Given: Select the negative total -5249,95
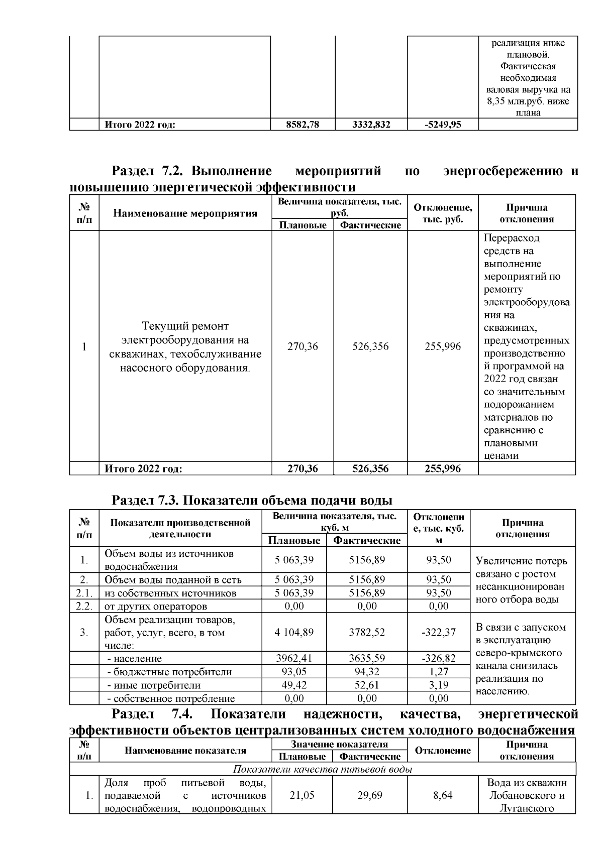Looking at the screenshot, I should tap(442, 125).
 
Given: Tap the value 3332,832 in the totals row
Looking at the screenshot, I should tap(371, 125).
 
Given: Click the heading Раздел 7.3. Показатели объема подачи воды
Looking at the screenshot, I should tap(251, 501).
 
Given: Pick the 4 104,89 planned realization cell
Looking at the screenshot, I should tap(294, 632).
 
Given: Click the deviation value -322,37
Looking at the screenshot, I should tap(439, 632).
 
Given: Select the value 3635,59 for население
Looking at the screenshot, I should tap(367, 658).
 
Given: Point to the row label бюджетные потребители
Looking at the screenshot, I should tap(169, 672).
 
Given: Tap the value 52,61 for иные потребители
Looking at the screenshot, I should tap(367, 685).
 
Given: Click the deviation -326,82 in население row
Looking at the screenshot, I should tap(439, 658).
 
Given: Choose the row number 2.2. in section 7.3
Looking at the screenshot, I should tap(84, 606).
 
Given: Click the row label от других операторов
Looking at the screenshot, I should tap(156, 606).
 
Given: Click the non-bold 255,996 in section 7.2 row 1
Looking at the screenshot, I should tap(442, 346).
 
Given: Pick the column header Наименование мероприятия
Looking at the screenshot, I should tap(185, 213).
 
